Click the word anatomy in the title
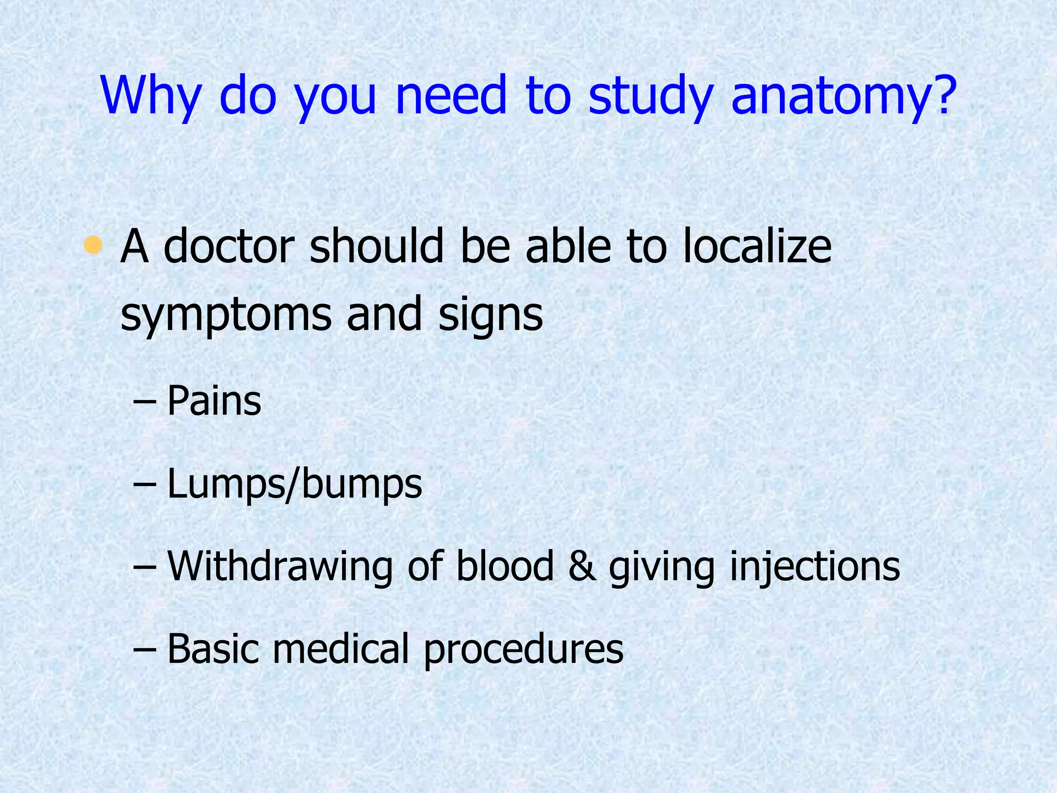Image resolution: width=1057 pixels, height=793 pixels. (x=841, y=97)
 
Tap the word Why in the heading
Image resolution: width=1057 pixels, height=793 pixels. (x=150, y=97)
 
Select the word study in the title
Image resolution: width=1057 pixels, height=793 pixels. (x=651, y=97)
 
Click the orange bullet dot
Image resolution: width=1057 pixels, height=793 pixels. (x=93, y=244)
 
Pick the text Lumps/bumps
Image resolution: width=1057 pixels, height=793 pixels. (x=295, y=484)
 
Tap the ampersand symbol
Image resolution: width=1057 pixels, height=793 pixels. (x=581, y=567)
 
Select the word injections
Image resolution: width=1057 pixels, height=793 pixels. (x=815, y=567)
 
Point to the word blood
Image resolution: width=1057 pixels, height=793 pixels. (x=505, y=567)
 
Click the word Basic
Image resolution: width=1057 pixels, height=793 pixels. (x=213, y=649)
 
